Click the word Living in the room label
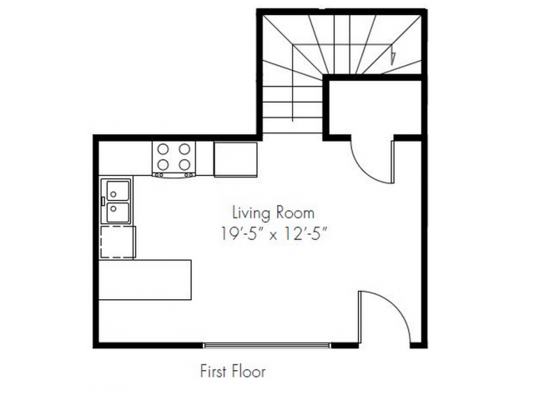coord(251,214)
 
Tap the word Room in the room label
coord(295,213)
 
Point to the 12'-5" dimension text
coord(306,233)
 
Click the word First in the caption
coord(213,371)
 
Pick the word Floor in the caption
coord(249,371)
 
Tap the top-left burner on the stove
coord(164,149)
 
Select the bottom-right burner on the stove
coord(184,165)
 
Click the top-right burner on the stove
coord(184,149)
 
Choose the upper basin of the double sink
coord(118,191)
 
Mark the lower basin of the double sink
coord(118,212)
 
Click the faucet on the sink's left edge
coord(103,201)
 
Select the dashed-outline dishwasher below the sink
coord(118,242)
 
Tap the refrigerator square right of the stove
coord(235,159)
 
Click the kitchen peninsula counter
coord(145,280)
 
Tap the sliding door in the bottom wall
coord(267,346)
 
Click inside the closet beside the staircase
coord(375,107)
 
